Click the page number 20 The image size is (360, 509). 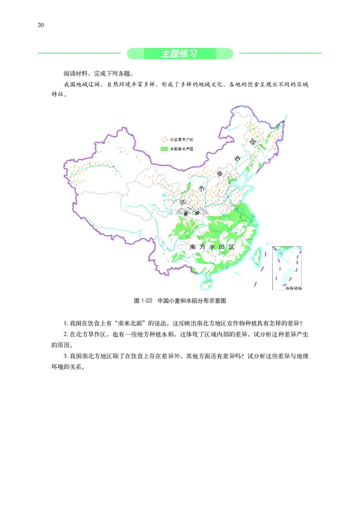click(40, 25)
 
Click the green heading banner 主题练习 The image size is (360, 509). click(180, 54)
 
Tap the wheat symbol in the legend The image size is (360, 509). click(165, 140)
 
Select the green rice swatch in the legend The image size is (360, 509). click(164, 148)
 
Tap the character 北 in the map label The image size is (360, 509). click(183, 202)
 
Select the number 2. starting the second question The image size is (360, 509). click(66, 335)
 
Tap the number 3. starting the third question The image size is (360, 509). click(66, 356)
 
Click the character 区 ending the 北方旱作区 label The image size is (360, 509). click(253, 143)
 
